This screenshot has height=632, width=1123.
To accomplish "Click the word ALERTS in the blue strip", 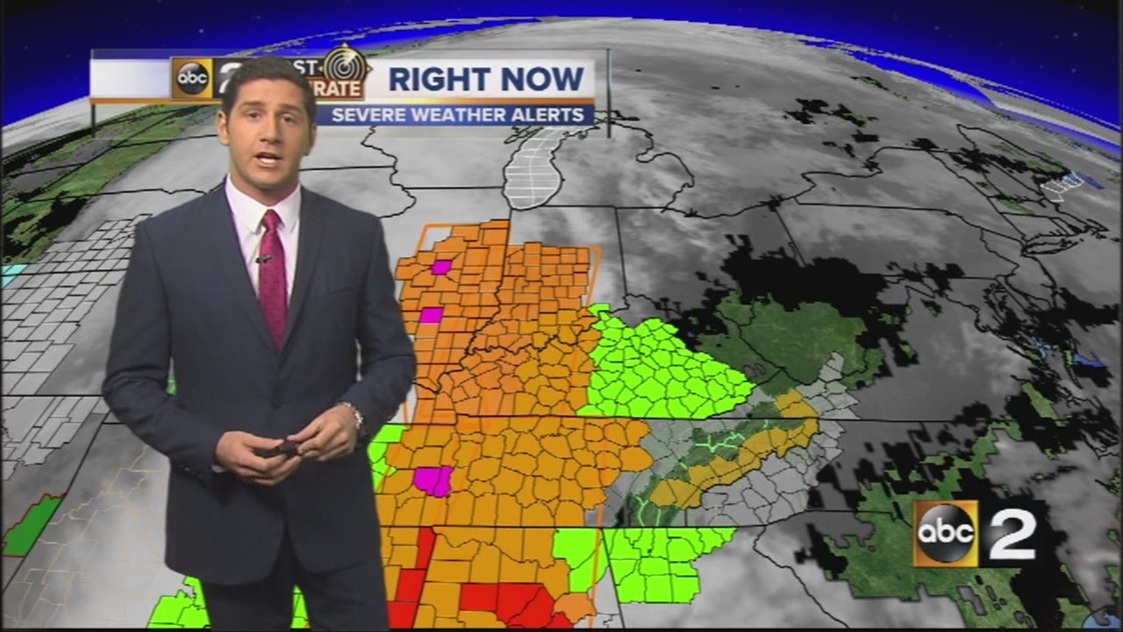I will click(x=551, y=115).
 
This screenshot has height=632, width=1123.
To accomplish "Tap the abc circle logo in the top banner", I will click(x=192, y=79).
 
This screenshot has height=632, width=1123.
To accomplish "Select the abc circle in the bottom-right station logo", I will click(x=945, y=533).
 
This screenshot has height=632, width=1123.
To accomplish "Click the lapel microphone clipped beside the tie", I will click(x=262, y=258).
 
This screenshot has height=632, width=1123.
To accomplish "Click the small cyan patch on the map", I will click(x=11, y=274).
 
